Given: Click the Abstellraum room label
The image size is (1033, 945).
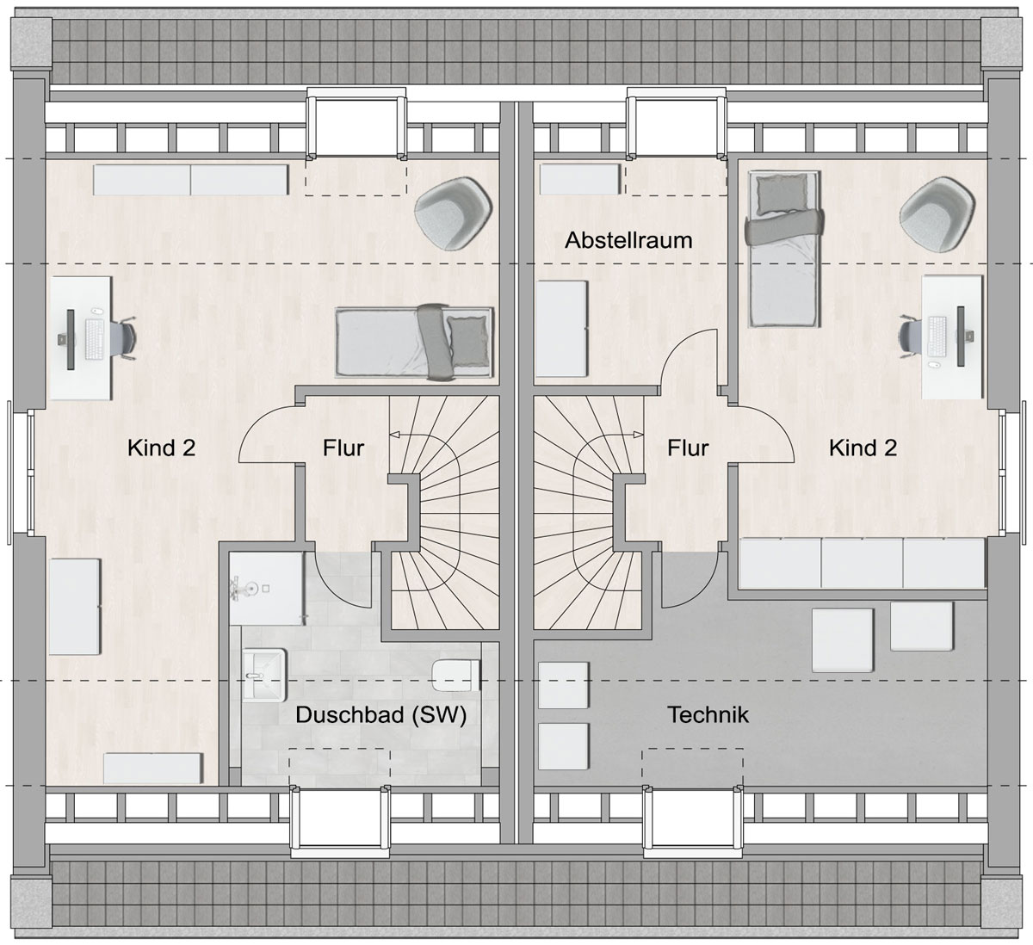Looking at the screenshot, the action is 628,240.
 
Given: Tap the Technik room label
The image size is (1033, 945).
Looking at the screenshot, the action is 708,715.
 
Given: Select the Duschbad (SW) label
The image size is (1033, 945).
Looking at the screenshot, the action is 381,715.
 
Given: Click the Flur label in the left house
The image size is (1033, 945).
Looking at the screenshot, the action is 343,448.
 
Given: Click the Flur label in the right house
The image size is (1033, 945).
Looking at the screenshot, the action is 688,448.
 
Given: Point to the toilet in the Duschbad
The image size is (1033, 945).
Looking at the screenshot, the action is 456,676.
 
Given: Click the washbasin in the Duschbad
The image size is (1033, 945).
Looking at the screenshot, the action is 263,675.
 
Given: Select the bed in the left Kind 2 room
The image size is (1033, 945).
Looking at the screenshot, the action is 415,343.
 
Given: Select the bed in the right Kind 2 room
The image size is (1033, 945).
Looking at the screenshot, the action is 783,250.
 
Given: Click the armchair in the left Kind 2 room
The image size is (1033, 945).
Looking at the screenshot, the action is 454,213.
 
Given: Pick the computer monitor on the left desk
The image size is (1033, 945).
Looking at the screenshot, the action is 71,339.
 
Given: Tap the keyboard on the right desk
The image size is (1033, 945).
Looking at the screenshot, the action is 937,337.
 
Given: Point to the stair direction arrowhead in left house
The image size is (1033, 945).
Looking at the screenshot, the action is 394,434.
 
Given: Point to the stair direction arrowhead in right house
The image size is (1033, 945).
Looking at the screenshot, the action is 639,434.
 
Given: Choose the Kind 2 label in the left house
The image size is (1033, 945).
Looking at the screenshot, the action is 162,448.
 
